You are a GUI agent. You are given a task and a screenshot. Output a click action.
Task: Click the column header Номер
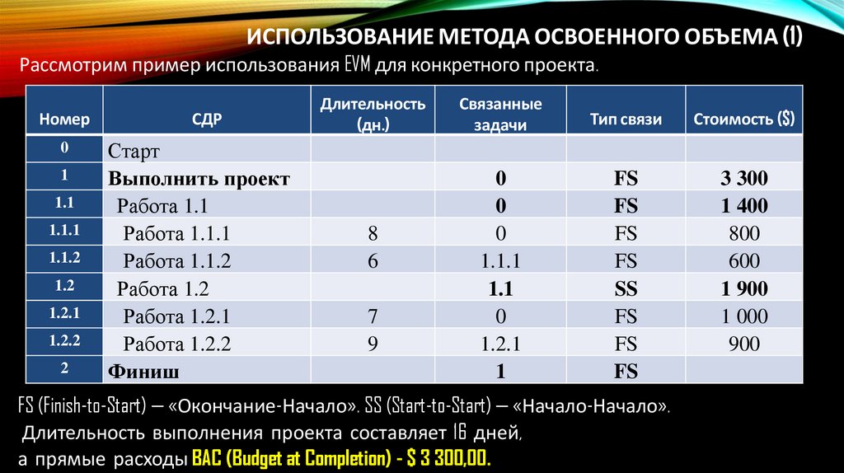pos(63,119)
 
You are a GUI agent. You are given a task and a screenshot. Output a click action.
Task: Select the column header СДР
pos(206,119)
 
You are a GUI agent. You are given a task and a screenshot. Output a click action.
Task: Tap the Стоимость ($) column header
pos(744,119)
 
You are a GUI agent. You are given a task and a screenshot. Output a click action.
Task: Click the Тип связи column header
pos(626,119)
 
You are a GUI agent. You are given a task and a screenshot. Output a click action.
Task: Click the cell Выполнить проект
pos(199,178)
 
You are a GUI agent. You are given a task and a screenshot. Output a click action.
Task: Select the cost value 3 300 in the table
pos(743,178)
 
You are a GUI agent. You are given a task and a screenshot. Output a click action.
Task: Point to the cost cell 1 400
pos(743,205)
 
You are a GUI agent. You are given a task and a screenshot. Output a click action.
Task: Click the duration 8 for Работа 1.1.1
pos(373,233)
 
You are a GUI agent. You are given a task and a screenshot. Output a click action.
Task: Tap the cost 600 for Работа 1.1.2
pos(743,261)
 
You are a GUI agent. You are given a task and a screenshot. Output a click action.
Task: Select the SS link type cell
pos(626,288)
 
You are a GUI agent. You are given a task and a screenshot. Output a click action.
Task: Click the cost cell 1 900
pos(743,288)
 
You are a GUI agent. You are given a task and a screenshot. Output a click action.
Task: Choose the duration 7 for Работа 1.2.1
pos(373,316)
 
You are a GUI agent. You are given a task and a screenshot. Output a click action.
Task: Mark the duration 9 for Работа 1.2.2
pos(373,344)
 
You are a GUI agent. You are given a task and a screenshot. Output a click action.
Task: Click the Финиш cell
pos(144,372)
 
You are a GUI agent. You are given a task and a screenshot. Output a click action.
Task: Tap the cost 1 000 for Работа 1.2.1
pos(743,316)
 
